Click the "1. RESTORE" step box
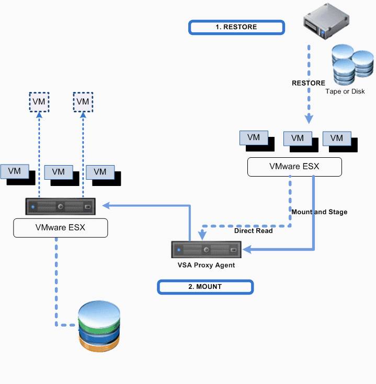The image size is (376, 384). tap(236, 27)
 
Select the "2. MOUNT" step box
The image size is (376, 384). tap(206, 286)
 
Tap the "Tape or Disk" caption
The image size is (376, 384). tap(345, 91)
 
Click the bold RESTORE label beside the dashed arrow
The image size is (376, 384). tap(308, 83)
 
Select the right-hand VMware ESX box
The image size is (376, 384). tap(294, 167)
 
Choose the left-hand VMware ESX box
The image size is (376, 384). tap(60, 228)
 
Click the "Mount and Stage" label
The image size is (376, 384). tap(319, 212)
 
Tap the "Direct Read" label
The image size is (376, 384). tap(253, 230)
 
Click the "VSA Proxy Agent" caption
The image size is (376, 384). tap(206, 265)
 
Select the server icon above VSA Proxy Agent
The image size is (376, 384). tap(206, 249)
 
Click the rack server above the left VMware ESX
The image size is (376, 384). tap(61, 206)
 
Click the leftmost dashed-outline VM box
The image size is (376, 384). tap(39, 102)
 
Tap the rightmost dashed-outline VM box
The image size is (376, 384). tap(83, 102)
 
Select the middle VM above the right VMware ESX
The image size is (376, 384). tap(297, 138)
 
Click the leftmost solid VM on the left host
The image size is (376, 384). tap(15, 171)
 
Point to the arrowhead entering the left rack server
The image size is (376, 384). tap(106, 206)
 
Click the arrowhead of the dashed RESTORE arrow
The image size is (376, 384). tap(309, 119)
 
